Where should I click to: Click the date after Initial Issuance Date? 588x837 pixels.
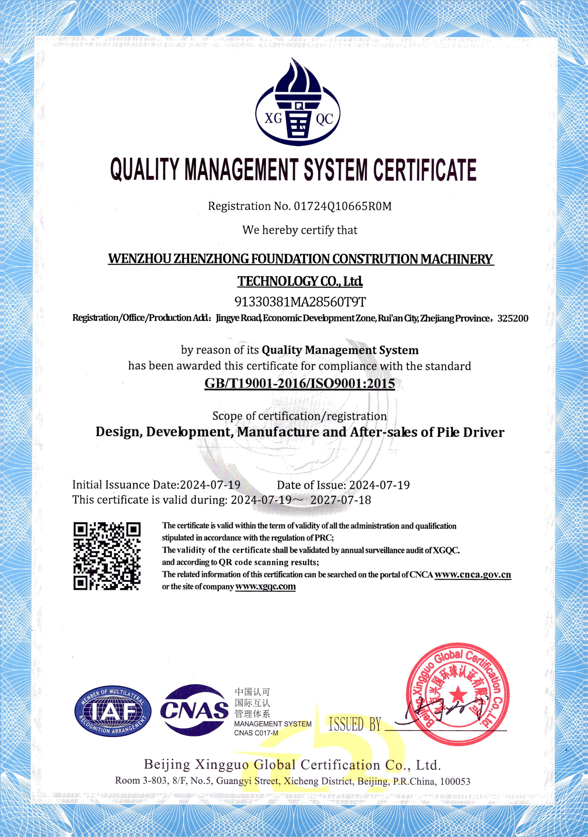tap(210, 485)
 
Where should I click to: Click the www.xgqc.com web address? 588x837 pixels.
tap(265, 587)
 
